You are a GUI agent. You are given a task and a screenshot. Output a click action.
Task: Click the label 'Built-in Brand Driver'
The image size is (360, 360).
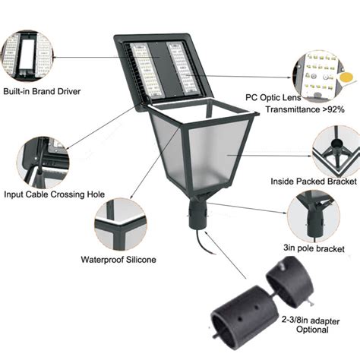click(x=42, y=92)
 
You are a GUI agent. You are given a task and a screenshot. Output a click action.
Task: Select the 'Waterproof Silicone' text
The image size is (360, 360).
click(x=118, y=260)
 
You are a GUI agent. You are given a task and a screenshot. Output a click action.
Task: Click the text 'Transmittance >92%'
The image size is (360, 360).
click(x=305, y=109)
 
